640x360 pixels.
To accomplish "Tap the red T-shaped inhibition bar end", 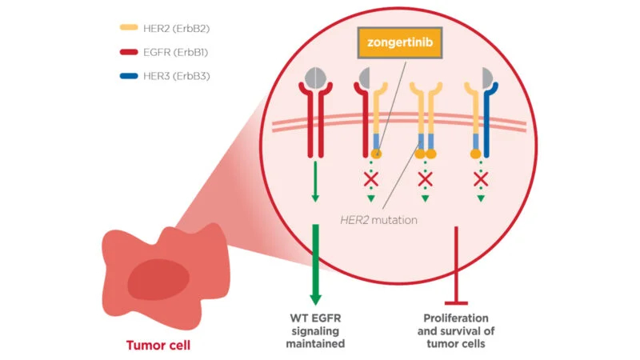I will [x=456, y=302].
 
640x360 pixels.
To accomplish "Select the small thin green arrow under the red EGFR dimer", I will [x=315, y=181].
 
